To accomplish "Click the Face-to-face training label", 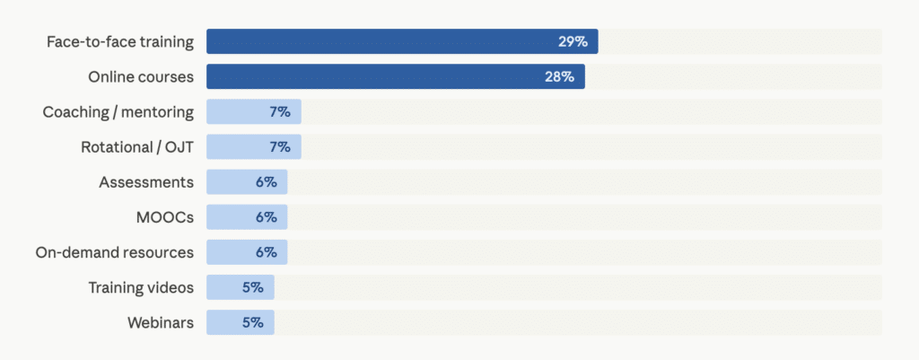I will (x=120, y=41).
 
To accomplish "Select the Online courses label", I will (x=141, y=76).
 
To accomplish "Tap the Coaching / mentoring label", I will (x=118, y=111).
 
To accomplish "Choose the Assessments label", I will (x=146, y=181).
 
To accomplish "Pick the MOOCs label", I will (x=164, y=216).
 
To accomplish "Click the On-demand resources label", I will (x=114, y=251).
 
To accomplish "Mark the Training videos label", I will (x=141, y=286).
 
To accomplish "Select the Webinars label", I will (x=161, y=321).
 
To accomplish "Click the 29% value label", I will (x=573, y=41).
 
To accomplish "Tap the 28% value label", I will (x=559, y=76).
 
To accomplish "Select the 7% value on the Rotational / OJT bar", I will (x=279, y=146).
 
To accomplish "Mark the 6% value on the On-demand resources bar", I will (x=266, y=251).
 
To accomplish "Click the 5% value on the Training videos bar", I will (x=252, y=286).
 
